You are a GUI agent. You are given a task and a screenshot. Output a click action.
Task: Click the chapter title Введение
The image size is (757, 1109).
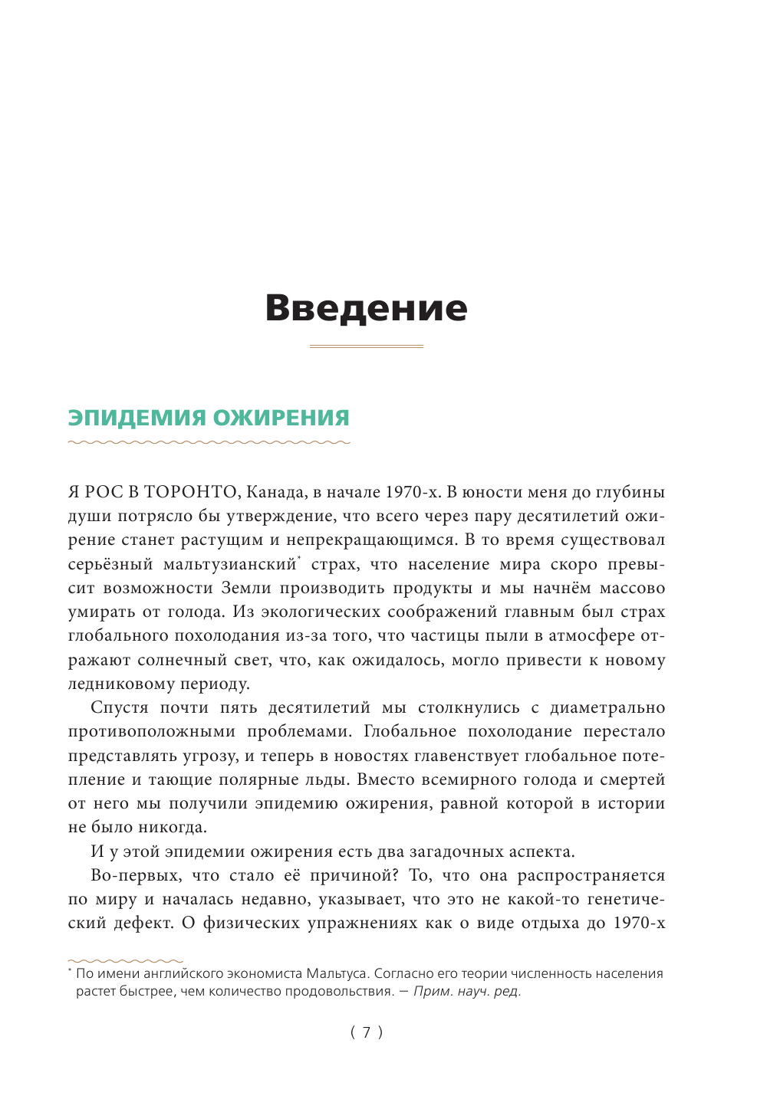pyautogui.click(x=366, y=308)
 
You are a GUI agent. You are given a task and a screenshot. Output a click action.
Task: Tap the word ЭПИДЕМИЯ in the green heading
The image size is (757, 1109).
pyautogui.click(x=137, y=418)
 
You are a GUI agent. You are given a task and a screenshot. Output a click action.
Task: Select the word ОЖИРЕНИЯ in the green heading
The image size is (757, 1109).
pyautogui.click(x=281, y=418)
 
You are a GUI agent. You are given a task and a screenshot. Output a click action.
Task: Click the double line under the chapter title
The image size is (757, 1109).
pyautogui.click(x=366, y=346)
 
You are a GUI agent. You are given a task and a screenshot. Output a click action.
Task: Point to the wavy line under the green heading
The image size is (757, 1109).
pyautogui.click(x=209, y=442)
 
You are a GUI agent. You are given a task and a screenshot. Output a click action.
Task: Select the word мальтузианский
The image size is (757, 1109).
pyautogui.click(x=229, y=565)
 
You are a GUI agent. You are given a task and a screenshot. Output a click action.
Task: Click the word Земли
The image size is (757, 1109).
pyautogui.click(x=245, y=589)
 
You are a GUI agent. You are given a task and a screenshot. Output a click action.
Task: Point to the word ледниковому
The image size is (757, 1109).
pyautogui.click(x=120, y=684)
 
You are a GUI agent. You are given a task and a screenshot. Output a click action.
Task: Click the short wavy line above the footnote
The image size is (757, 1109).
pyautogui.click(x=125, y=960)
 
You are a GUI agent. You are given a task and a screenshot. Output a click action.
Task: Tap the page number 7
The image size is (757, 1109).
pyautogui.click(x=367, y=1032)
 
